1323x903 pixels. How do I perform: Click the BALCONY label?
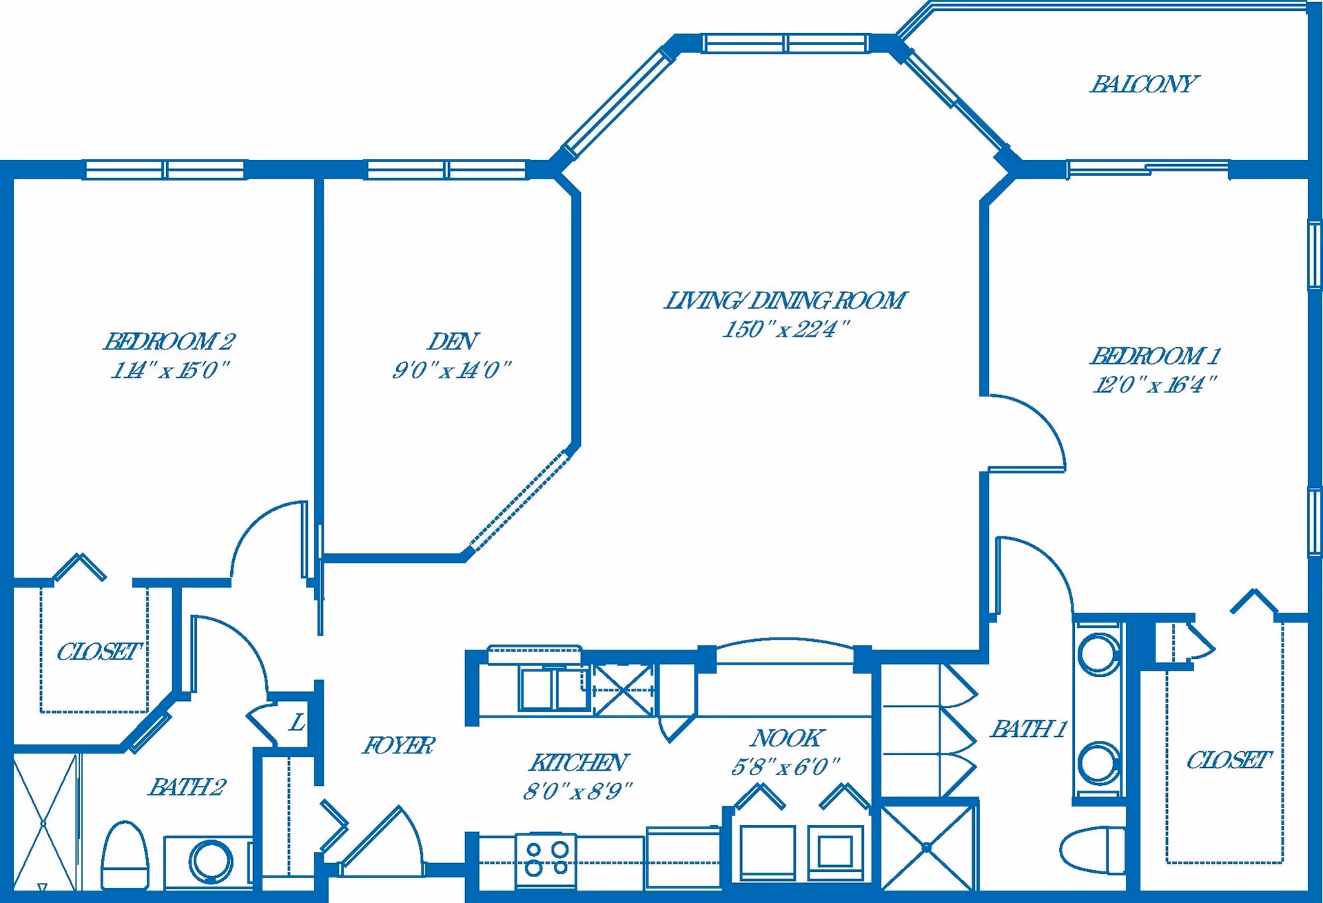(1144, 84)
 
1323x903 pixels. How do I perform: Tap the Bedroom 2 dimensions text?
(170, 370)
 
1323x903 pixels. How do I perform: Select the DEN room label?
(453, 341)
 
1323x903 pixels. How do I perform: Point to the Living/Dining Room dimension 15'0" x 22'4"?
(786, 329)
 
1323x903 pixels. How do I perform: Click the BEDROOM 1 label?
(1155, 356)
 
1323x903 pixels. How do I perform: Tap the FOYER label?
(398, 745)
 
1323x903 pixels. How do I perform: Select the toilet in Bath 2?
(125, 856)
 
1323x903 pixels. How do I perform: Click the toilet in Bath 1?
(1092, 850)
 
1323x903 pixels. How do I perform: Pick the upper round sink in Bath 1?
(1098, 653)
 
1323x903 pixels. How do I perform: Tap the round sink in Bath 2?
(212, 861)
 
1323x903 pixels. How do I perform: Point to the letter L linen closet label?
(297, 722)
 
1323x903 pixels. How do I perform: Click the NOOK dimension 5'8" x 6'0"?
(786, 767)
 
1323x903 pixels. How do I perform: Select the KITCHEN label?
(577, 762)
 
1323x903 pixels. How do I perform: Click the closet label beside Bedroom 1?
(1227, 760)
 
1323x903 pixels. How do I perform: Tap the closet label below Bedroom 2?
(98, 651)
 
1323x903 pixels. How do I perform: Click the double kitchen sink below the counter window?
(554, 688)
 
